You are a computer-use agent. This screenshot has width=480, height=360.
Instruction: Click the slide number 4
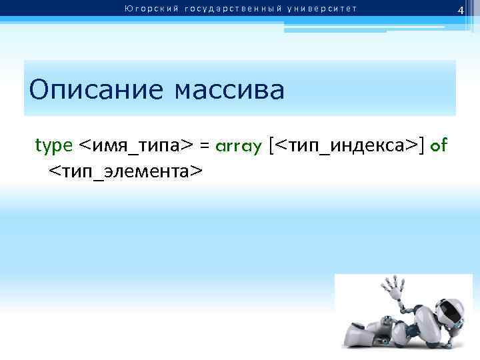(459, 9)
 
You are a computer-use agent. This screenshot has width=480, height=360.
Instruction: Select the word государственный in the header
(223, 9)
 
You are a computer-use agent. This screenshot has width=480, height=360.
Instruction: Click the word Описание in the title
(97, 89)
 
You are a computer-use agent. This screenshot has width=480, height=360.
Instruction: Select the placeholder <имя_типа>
(136, 146)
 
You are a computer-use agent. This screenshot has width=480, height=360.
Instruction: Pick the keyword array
(238, 146)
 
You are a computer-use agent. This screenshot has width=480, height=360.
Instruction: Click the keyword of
(439, 145)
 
